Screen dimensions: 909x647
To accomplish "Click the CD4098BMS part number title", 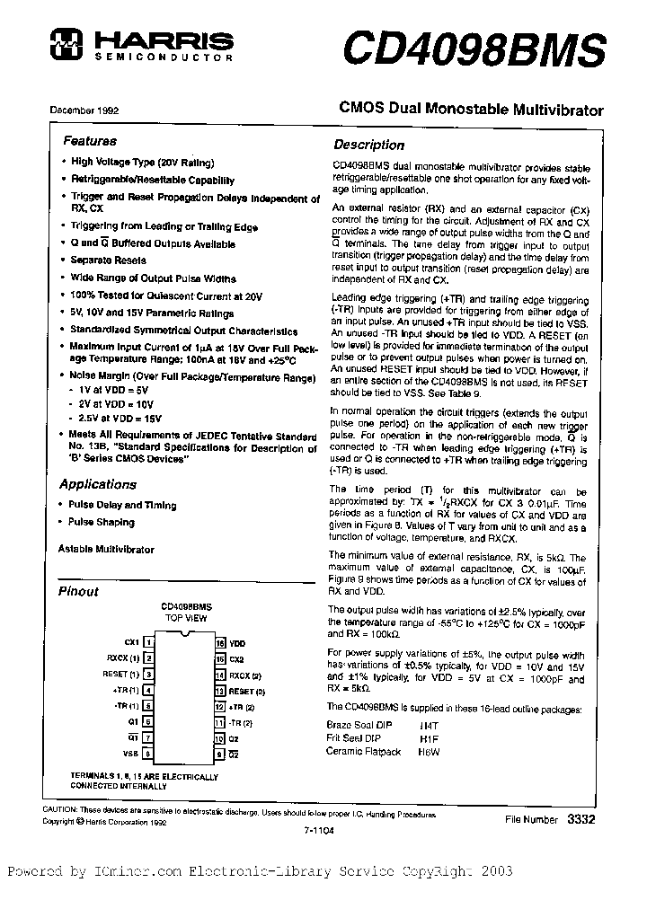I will coord(473,45).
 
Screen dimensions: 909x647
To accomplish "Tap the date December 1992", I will coord(84,110).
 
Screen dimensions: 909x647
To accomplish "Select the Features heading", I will coord(89,141).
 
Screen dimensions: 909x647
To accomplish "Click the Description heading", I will coord(368,145).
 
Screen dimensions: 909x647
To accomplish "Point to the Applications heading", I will coord(98,484).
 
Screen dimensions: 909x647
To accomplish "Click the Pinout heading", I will coord(78,592).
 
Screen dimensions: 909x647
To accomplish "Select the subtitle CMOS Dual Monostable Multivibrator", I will coord(470,110).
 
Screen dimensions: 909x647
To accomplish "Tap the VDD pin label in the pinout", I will coord(236,644).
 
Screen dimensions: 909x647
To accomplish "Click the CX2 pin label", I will coord(236,659).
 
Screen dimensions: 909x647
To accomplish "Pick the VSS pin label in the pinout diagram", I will coord(131,754).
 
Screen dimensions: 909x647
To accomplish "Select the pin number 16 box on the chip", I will coord(218,644).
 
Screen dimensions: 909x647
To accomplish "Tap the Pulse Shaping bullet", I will coord(102,522).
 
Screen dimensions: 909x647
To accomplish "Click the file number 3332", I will coord(581,820).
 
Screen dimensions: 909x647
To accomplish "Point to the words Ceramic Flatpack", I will coord(363,751).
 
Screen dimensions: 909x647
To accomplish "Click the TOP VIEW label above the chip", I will coord(186,620).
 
